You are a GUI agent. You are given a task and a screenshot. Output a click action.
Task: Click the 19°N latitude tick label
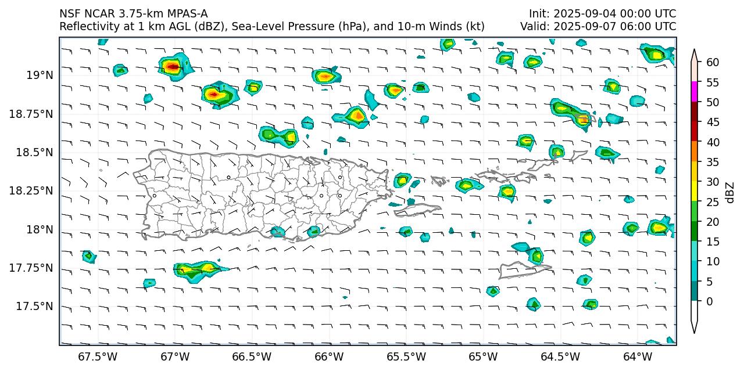click(x=40, y=75)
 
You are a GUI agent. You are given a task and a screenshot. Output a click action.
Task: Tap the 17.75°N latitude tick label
click(x=32, y=268)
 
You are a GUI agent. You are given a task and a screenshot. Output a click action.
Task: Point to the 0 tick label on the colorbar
click(x=709, y=301)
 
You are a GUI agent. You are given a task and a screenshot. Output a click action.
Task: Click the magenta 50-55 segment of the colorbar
click(x=695, y=92)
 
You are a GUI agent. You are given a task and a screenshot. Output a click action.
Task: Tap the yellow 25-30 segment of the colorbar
click(x=695, y=192)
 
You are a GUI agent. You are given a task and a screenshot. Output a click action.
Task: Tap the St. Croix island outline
click(x=523, y=270)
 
